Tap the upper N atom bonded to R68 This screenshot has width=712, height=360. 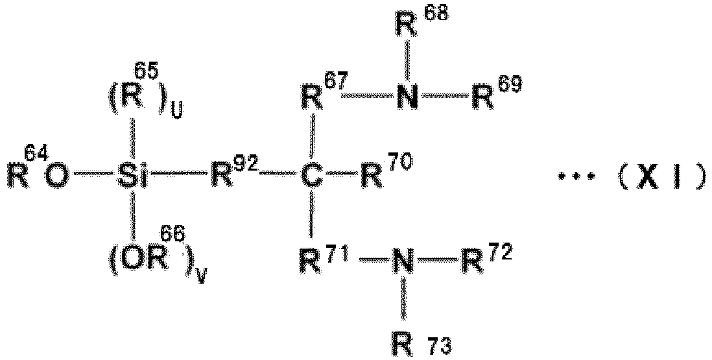pos(408,96)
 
